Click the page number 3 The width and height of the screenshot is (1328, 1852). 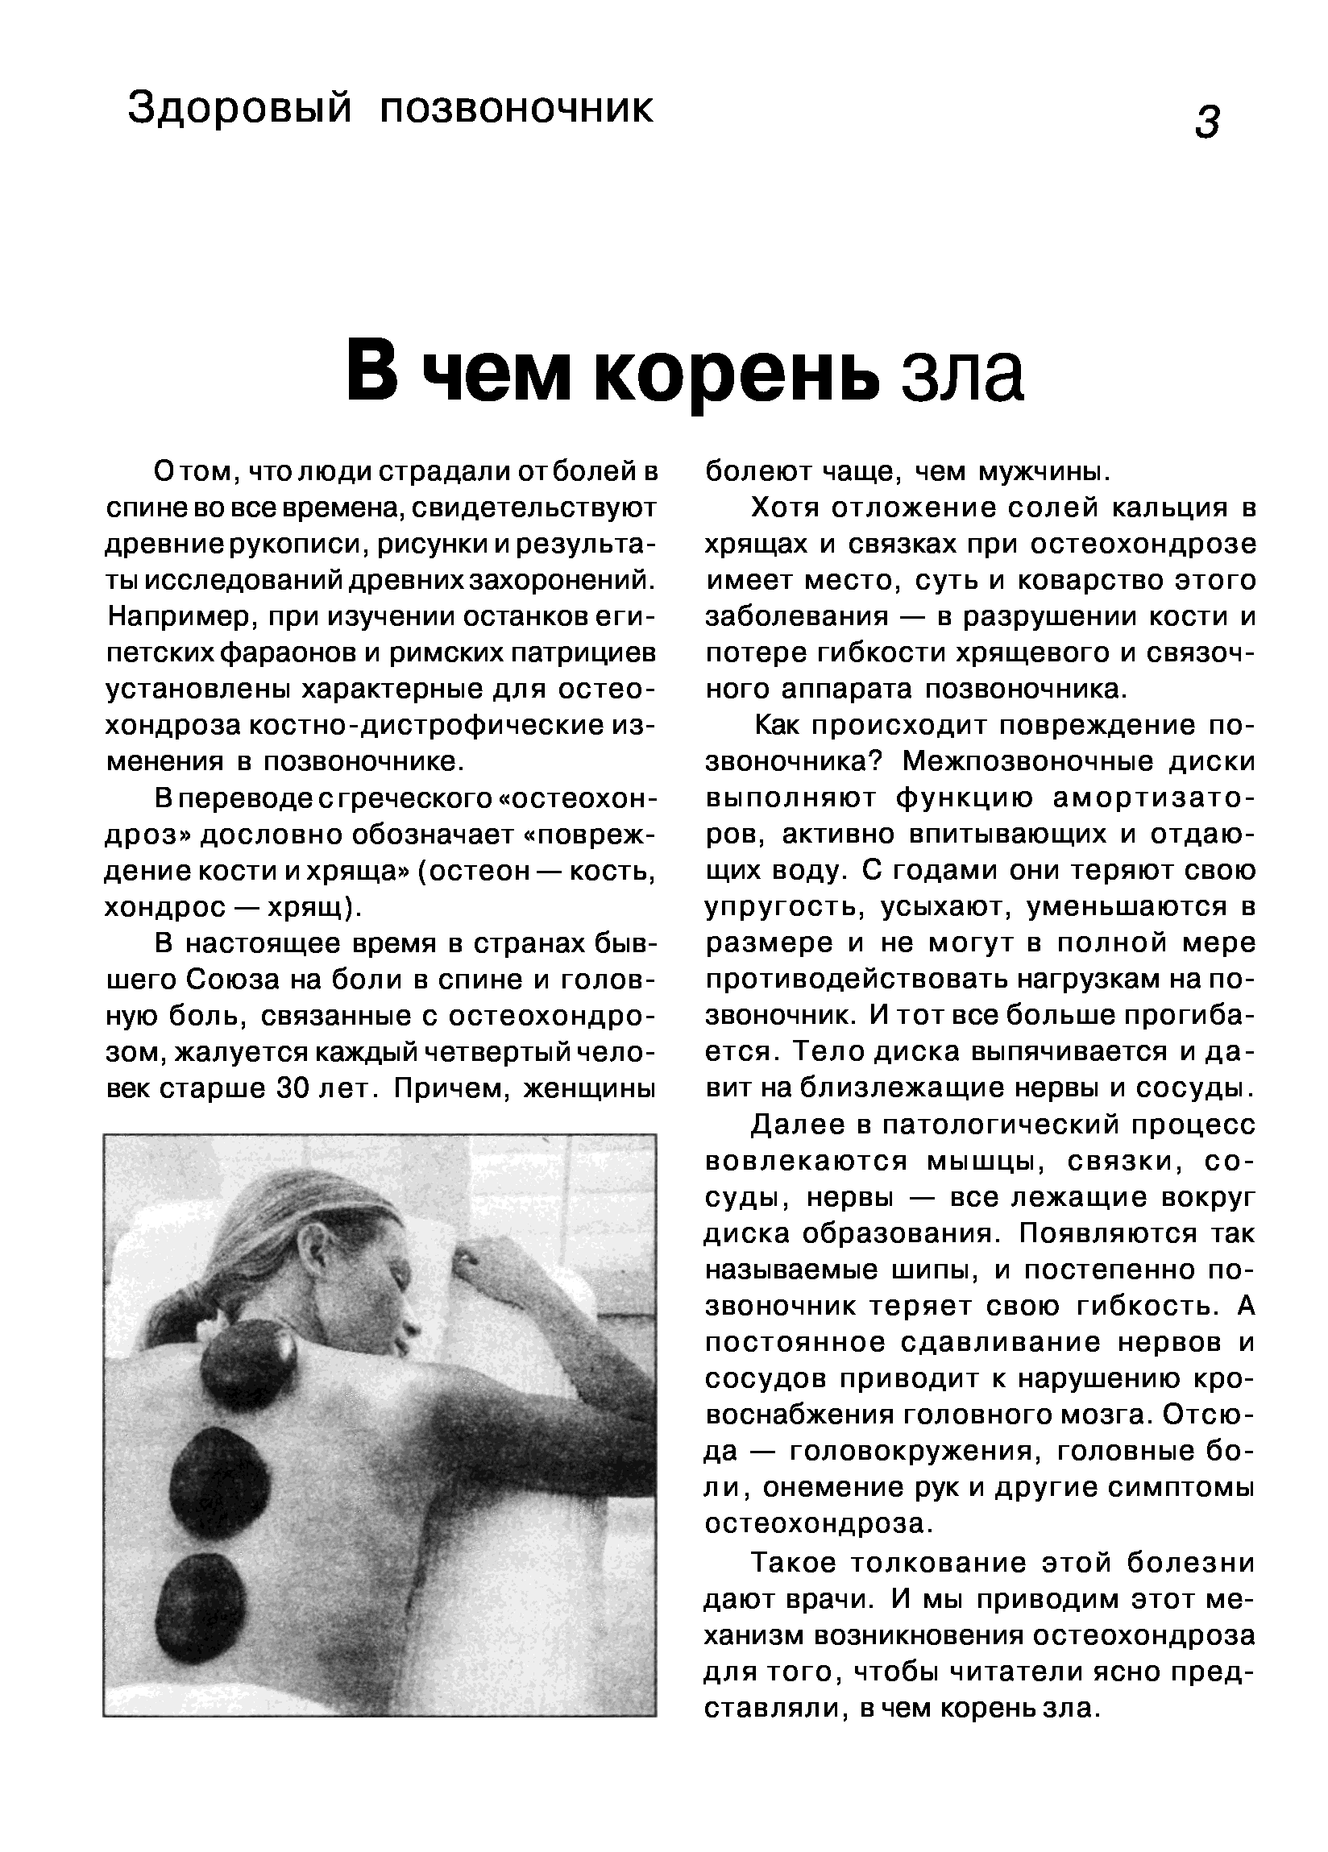point(1206,122)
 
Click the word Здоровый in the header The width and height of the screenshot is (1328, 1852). point(239,109)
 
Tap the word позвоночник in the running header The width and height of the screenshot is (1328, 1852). point(517,109)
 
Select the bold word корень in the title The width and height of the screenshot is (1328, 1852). point(737,373)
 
